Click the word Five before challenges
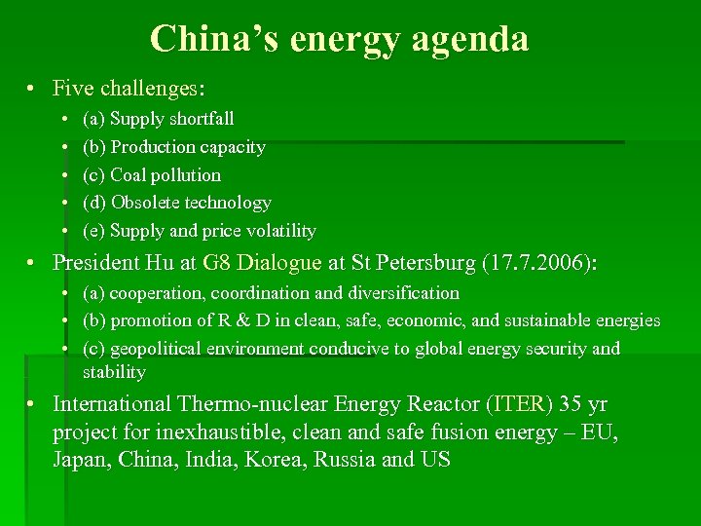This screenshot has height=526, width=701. [73, 89]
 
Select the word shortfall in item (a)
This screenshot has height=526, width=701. [201, 119]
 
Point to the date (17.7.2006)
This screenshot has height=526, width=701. [538, 262]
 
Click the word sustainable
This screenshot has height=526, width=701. [541, 320]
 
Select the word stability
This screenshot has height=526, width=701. [114, 372]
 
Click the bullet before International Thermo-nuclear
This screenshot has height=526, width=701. [32, 404]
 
